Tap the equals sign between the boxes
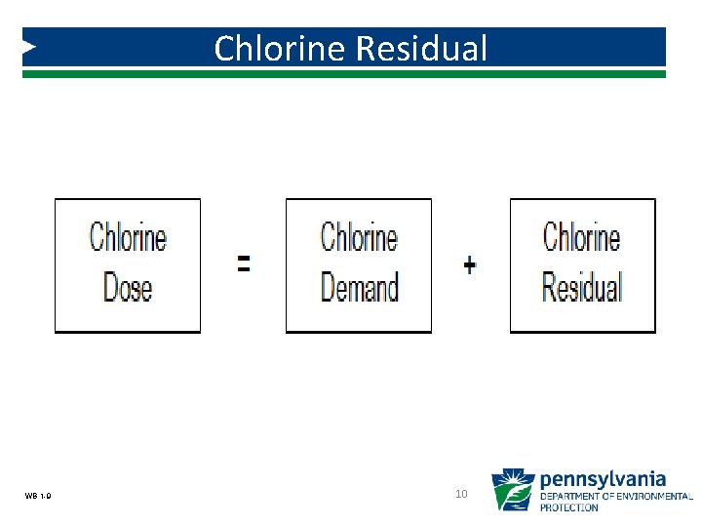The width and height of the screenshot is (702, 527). [244, 263]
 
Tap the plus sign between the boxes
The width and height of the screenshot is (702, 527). [470, 264]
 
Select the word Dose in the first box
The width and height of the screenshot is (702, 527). [128, 287]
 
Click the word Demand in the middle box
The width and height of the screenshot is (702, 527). [359, 287]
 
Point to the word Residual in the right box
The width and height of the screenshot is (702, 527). [582, 287]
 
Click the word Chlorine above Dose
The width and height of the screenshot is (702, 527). [128, 237]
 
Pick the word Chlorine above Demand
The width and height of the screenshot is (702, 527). [359, 237]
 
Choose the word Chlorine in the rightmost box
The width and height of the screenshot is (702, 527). [582, 237]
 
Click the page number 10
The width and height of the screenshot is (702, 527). [462, 495]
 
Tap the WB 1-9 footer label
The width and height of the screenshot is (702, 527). [39, 497]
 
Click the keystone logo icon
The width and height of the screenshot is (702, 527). [512, 490]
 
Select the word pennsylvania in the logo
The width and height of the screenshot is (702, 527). [603, 479]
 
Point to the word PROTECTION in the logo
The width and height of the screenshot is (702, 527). [569, 507]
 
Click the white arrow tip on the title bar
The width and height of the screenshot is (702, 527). [30, 46]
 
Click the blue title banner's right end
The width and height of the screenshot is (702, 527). [653, 46]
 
